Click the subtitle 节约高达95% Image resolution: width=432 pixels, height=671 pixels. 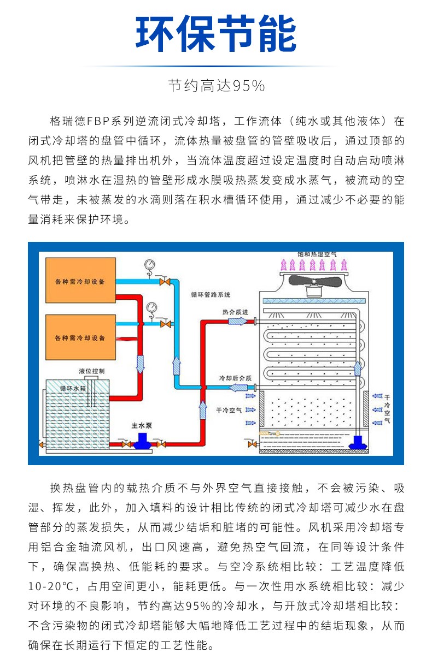[x=216, y=86]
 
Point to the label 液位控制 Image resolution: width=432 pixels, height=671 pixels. [x=87, y=371]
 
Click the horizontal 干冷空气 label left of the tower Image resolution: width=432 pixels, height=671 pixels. [x=229, y=409]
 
